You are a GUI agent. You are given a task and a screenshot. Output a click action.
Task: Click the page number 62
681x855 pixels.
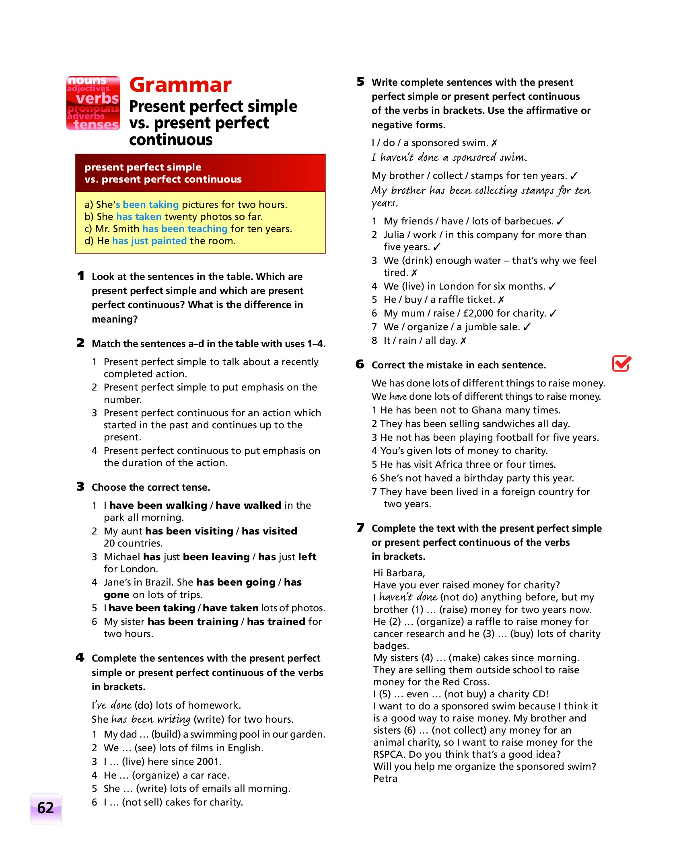(x=45, y=808)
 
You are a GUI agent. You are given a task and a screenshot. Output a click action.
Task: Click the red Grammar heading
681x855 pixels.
(x=180, y=85)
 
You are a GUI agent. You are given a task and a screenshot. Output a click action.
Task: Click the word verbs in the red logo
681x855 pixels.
(x=97, y=99)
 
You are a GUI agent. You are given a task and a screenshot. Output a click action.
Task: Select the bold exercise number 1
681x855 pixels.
(x=81, y=276)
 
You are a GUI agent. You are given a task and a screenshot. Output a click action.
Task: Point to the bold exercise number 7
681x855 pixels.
(x=360, y=528)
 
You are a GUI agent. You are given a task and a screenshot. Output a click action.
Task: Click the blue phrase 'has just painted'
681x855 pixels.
(x=149, y=241)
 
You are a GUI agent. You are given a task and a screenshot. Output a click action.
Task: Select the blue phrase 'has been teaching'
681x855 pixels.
(x=185, y=229)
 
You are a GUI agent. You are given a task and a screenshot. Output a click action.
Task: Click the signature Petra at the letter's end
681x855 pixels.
(x=385, y=779)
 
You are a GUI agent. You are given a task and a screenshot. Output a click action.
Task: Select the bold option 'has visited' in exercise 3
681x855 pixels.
(x=270, y=531)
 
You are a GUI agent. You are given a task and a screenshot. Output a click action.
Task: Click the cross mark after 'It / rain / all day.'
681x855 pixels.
(x=463, y=341)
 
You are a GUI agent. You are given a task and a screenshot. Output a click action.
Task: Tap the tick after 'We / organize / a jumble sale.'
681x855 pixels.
(x=527, y=327)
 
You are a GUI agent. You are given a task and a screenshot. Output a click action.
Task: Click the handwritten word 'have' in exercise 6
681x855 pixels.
(x=398, y=397)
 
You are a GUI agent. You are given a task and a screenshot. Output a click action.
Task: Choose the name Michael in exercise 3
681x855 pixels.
(x=122, y=557)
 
